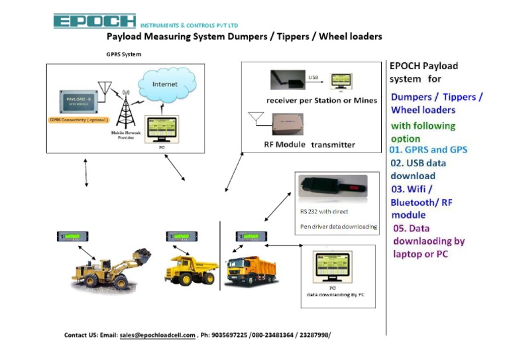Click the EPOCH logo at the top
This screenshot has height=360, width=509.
(94, 21)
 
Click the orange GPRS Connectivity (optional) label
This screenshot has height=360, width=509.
(78, 121)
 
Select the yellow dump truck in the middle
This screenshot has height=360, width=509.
(192, 269)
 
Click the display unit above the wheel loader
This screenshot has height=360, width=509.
(75, 236)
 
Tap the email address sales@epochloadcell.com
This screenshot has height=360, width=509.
(157, 335)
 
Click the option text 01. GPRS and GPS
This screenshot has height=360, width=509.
(428, 150)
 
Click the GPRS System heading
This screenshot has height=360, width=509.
(124, 54)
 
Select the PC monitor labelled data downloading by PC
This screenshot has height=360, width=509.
(332, 267)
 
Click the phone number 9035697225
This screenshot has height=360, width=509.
(229, 335)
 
